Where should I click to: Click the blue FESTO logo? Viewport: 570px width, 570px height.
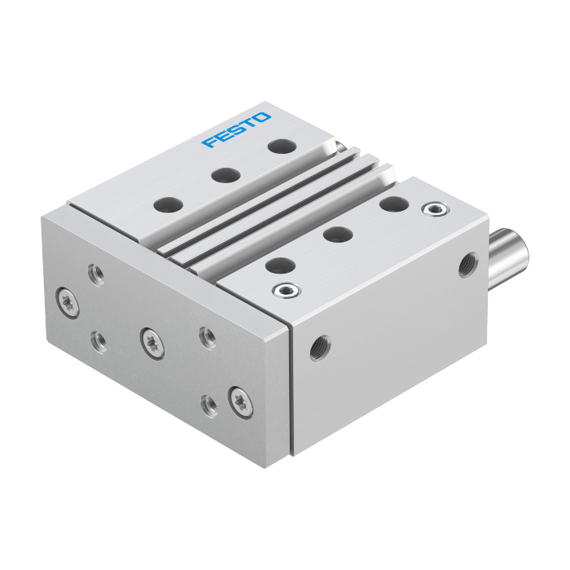(236, 129)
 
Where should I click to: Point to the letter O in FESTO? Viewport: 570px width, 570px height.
(261, 117)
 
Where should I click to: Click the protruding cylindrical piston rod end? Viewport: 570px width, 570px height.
(508, 258)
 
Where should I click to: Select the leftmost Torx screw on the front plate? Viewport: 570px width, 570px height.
(68, 303)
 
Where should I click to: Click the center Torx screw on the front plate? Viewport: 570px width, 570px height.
(152, 344)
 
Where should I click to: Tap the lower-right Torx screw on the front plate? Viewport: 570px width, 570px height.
(241, 402)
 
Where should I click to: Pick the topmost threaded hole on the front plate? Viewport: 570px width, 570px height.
(97, 274)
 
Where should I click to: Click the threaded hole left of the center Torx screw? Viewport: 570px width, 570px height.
(99, 342)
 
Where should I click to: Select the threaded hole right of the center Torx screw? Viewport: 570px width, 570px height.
(208, 337)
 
